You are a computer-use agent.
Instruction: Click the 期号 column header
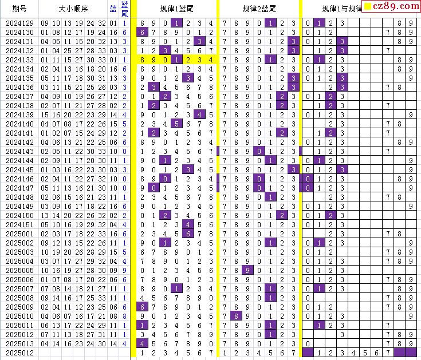[19, 9]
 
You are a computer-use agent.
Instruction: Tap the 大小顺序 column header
[73, 9]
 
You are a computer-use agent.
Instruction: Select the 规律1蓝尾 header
[176, 9]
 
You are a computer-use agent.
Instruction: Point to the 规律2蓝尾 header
[259, 9]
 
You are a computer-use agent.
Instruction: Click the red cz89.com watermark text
[396, 6]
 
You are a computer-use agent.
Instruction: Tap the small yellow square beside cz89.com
[368, 7]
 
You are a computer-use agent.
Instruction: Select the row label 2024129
[19, 23]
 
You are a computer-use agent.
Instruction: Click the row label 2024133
[19, 60]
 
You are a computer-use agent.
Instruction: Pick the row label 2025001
[19, 234]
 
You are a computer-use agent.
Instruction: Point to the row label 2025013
[19, 343]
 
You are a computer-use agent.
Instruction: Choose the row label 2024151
[19, 224]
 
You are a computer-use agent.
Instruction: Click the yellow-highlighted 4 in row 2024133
[211, 60]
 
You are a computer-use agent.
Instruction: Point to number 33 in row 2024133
[101, 60]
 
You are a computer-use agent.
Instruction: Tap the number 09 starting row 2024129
[45, 23]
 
